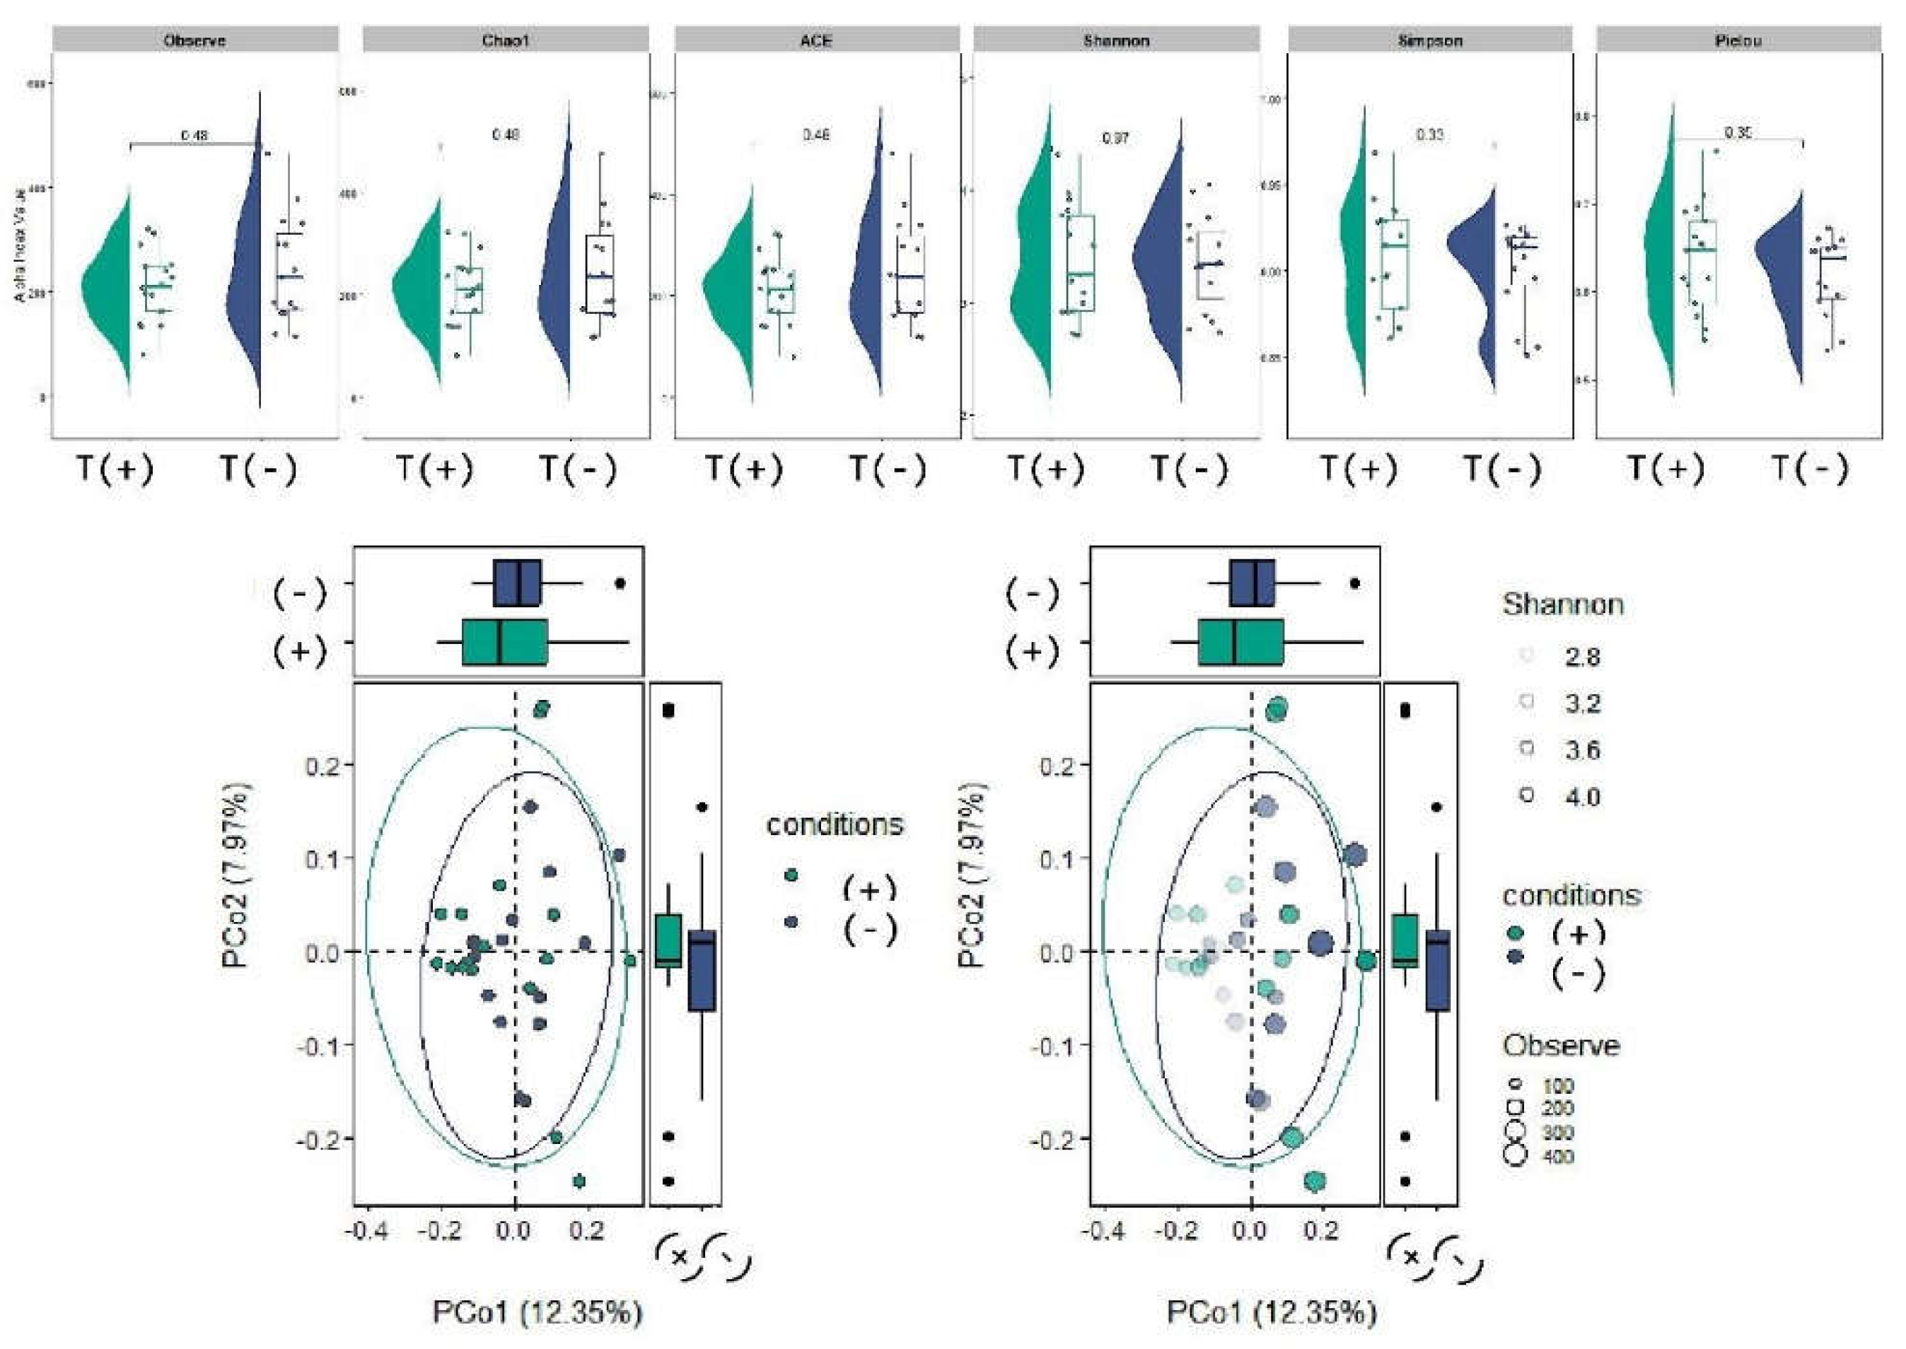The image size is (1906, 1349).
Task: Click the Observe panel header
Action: coord(195,40)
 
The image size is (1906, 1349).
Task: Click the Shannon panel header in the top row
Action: coord(1116,40)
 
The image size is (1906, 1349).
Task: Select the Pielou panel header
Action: coord(1738,40)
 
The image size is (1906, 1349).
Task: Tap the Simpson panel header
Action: coord(1429,40)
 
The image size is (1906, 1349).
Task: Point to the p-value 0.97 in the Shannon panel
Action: coord(1115,139)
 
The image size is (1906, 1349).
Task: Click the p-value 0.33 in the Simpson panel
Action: coord(1429,134)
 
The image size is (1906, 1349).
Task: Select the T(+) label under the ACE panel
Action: coord(743,469)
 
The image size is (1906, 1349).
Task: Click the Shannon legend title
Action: coord(1562,605)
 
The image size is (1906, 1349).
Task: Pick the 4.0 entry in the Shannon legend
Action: coord(1582,798)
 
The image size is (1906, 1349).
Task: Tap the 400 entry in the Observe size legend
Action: coord(1557,1156)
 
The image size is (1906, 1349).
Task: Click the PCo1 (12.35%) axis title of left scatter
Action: coord(537,1313)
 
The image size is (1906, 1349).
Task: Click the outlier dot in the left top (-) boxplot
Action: coord(620,584)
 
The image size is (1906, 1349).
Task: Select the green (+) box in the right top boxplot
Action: coord(1240,642)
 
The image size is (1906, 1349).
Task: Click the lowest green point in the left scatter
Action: coord(580,1181)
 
